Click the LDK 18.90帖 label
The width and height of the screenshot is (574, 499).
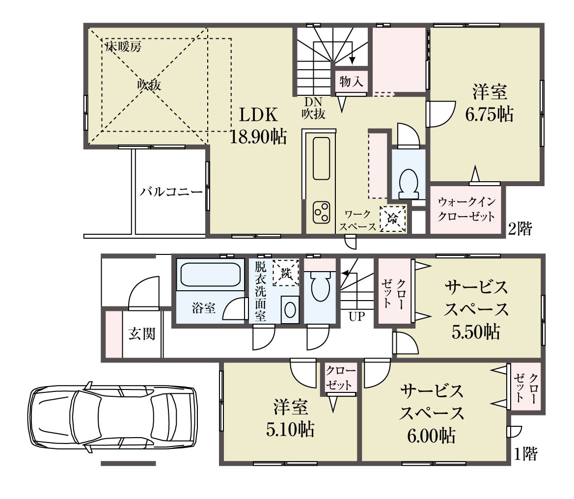click(x=258, y=126)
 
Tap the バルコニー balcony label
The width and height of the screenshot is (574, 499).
click(x=171, y=192)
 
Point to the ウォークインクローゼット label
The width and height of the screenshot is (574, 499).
click(x=466, y=209)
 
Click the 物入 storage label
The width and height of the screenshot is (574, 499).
click(x=351, y=81)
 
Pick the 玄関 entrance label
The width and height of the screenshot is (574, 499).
click(x=142, y=333)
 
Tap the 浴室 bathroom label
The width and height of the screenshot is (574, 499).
click(x=204, y=308)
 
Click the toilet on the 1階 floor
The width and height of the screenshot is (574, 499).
click(x=320, y=285)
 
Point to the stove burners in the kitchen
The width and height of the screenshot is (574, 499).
click(x=321, y=213)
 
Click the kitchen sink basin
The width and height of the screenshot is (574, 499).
click(x=322, y=159)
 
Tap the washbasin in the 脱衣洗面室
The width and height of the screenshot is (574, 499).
click(x=290, y=310)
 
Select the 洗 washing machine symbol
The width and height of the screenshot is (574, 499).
click(x=286, y=273)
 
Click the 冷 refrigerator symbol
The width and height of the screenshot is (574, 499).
click(x=393, y=219)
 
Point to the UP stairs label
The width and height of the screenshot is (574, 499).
click(x=357, y=316)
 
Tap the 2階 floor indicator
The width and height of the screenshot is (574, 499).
click(x=520, y=228)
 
